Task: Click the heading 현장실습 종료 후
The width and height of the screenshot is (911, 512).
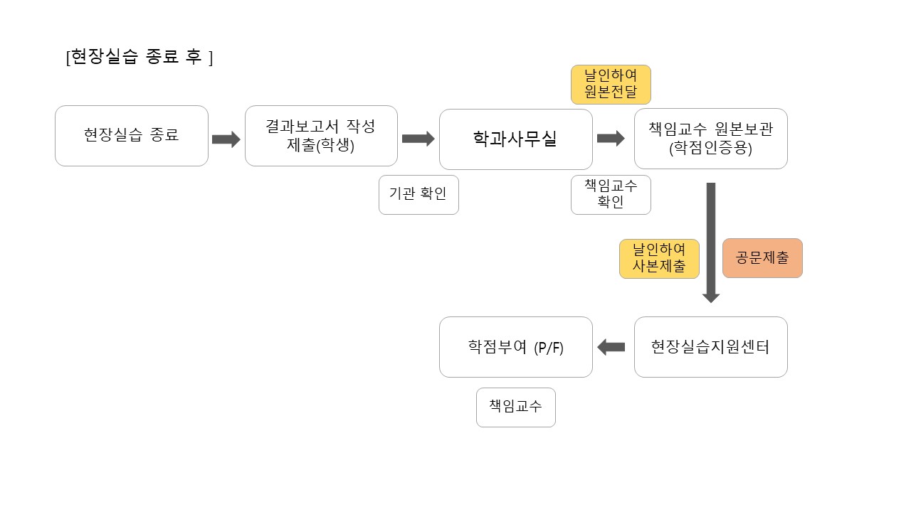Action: (x=139, y=58)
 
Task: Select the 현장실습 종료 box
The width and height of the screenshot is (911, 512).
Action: (x=132, y=136)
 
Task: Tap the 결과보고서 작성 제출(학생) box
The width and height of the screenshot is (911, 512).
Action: (x=321, y=136)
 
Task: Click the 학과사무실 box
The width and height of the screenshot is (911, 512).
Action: (x=515, y=139)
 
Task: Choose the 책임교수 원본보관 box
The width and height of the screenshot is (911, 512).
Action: (x=710, y=139)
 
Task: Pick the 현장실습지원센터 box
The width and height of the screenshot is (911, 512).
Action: (x=710, y=347)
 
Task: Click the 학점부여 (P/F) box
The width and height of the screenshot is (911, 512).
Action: (x=515, y=347)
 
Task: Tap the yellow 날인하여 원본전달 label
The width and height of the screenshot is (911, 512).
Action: (x=611, y=84)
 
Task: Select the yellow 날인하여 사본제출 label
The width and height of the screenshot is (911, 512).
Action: (x=659, y=258)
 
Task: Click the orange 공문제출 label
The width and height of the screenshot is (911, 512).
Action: (x=762, y=257)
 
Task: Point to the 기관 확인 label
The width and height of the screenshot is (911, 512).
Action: (x=418, y=194)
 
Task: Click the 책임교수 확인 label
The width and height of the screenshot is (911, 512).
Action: (x=611, y=194)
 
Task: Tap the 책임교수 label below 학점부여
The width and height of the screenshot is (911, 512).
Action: (x=515, y=407)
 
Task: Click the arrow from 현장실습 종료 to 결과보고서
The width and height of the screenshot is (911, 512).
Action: (x=226, y=139)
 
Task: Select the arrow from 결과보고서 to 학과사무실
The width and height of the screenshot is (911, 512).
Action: (x=418, y=139)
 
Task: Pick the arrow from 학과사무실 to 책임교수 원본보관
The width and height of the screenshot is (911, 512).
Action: (x=611, y=139)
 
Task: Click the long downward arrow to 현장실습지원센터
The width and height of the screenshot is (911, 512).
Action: (x=710, y=242)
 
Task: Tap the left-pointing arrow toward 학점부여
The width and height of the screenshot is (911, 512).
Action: (x=611, y=347)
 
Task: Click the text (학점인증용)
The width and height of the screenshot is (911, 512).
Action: (x=710, y=149)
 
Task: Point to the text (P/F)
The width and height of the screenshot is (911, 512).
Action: (x=549, y=348)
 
